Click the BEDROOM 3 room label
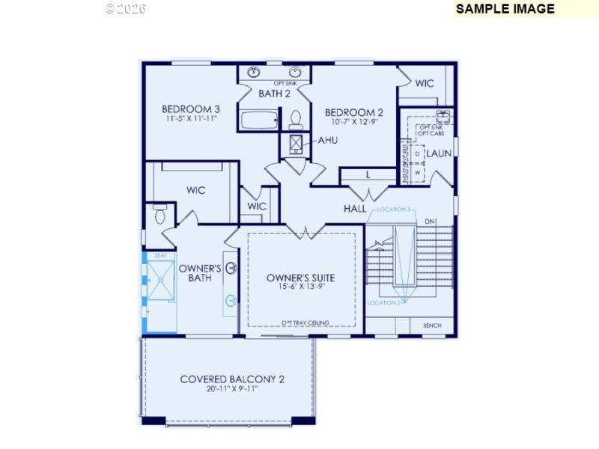(x=190, y=108)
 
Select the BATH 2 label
(x=274, y=94)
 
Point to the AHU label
(x=327, y=140)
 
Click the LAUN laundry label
(x=439, y=153)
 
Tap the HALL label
(x=354, y=207)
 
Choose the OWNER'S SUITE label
(x=300, y=278)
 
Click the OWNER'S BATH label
(x=199, y=273)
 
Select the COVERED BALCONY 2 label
(x=232, y=379)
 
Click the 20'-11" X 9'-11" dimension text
(x=232, y=390)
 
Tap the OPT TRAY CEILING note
(x=305, y=323)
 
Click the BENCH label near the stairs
(x=432, y=326)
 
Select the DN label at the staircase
(x=429, y=222)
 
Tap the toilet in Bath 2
(x=296, y=120)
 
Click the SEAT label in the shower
(x=159, y=255)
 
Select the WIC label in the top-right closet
(x=425, y=83)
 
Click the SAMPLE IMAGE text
(x=505, y=9)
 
